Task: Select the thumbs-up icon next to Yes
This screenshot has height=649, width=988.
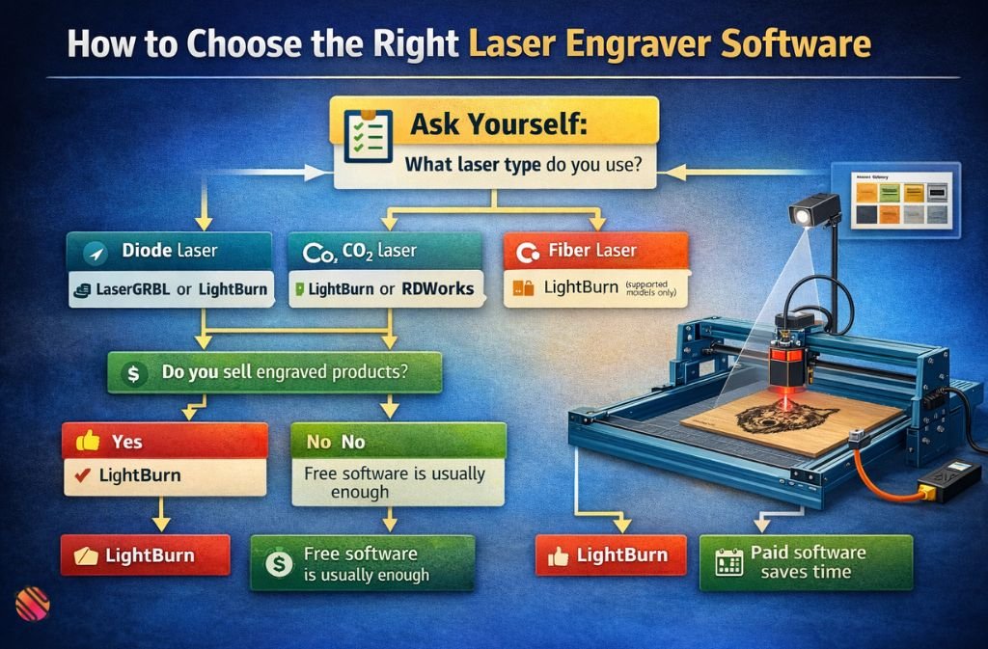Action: (88, 442)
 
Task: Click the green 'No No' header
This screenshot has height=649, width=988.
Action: (398, 442)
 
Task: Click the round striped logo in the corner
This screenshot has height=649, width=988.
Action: (33, 603)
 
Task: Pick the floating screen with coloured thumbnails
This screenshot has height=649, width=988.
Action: (897, 200)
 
